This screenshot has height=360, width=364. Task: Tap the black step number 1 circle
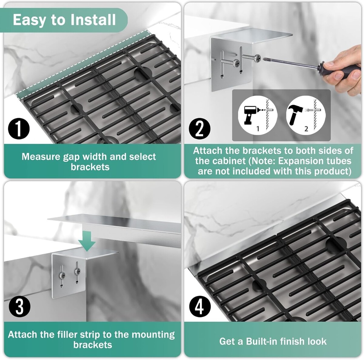(x=19, y=129)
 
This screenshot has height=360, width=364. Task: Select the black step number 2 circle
(x=200, y=129)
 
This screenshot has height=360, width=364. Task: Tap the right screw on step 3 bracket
(x=77, y=271)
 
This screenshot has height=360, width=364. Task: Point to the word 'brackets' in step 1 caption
(x=90, y=167)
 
